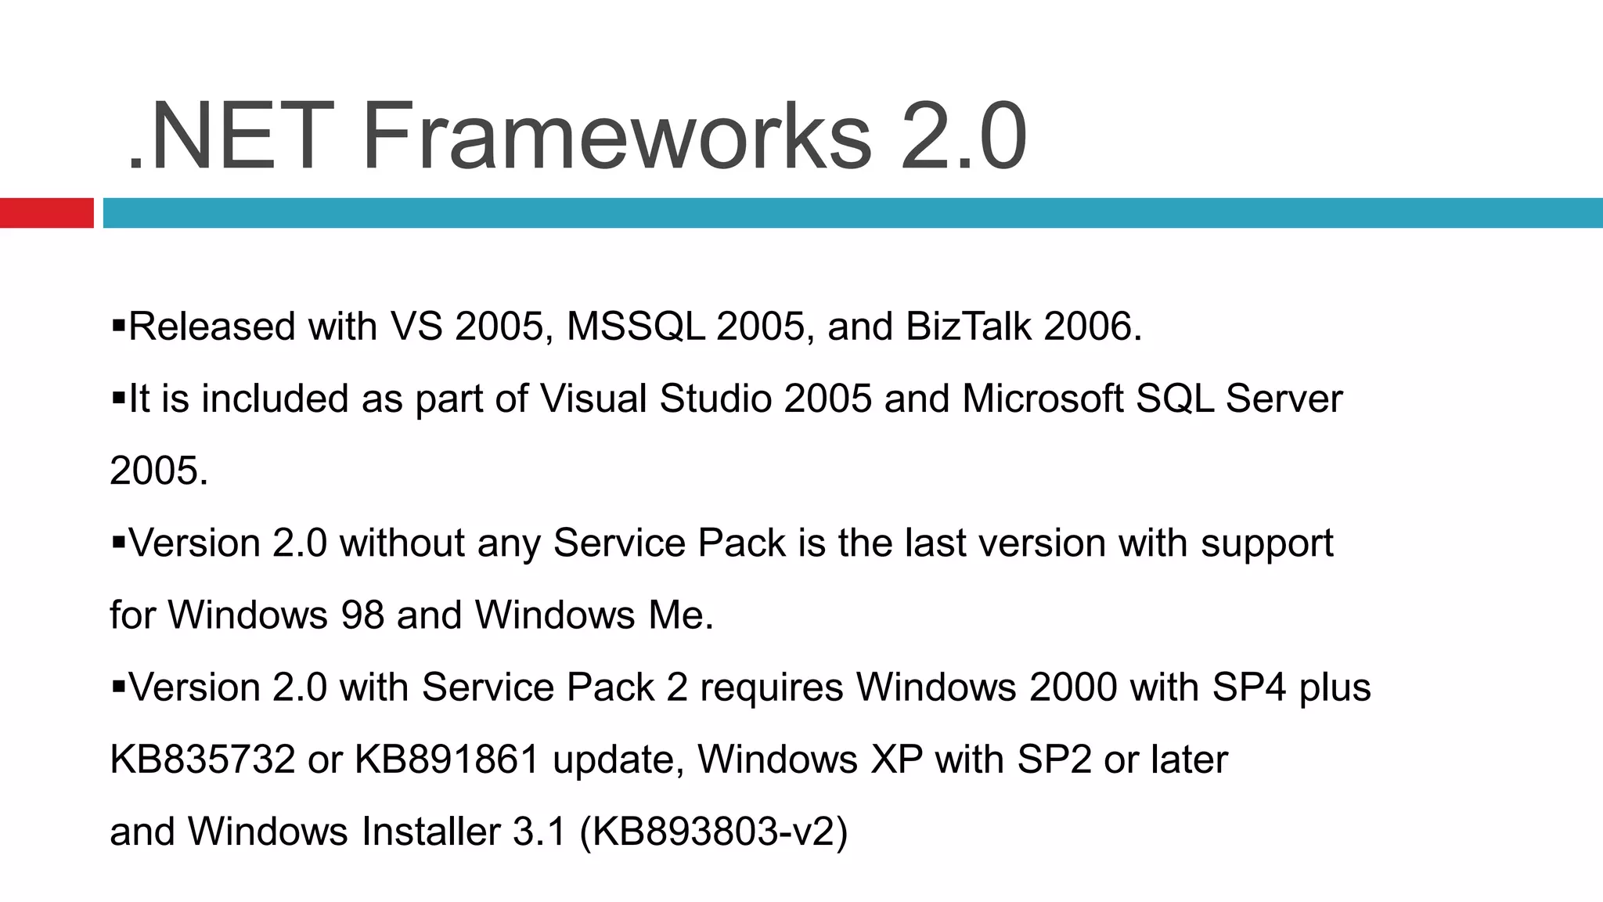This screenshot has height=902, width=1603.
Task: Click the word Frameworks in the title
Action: tap(616, 137)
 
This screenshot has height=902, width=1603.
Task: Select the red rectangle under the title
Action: tap(46, 213)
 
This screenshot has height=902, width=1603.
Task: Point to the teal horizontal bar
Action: tap(852, 213)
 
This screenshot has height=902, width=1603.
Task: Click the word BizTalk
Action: tap(968, 327)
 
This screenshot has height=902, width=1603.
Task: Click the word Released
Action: tap(212, 327)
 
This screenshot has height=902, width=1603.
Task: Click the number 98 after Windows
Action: tap(362, 615)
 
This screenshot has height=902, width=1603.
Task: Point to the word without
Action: tap(402, 543)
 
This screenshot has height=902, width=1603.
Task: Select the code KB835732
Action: tap(203, 759)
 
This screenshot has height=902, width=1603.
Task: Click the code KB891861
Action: tap(447, 759)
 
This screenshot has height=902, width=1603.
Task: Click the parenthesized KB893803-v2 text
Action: tap(713, 832)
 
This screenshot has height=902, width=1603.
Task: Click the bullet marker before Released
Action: tap(119, 324)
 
